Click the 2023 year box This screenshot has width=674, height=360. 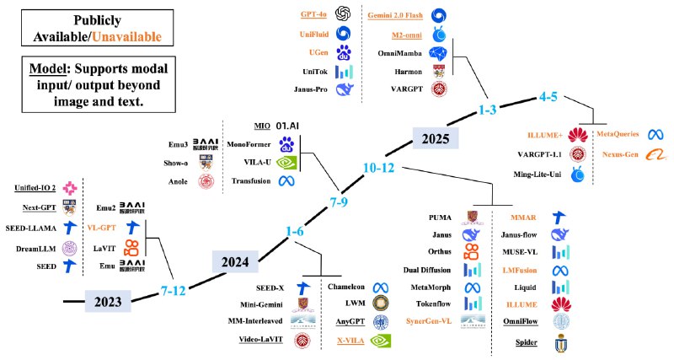107,300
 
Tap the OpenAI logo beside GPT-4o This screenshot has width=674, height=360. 343,14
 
